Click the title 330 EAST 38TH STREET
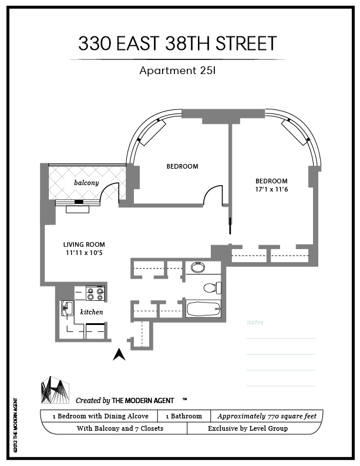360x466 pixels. [177, 43]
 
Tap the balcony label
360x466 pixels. [86, 183]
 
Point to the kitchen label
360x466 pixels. [91, 312]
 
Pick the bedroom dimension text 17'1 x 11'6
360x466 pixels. [271, 190]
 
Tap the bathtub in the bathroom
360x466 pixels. [203, 309]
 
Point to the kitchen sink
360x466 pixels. [66, 307]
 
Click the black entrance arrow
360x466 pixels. [119, 354]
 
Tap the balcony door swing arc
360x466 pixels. [110, 192]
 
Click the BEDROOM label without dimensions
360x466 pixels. [182, 166]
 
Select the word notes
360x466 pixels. [255, 323]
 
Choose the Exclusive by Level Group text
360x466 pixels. [248, 428]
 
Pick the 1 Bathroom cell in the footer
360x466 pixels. [183, 416]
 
